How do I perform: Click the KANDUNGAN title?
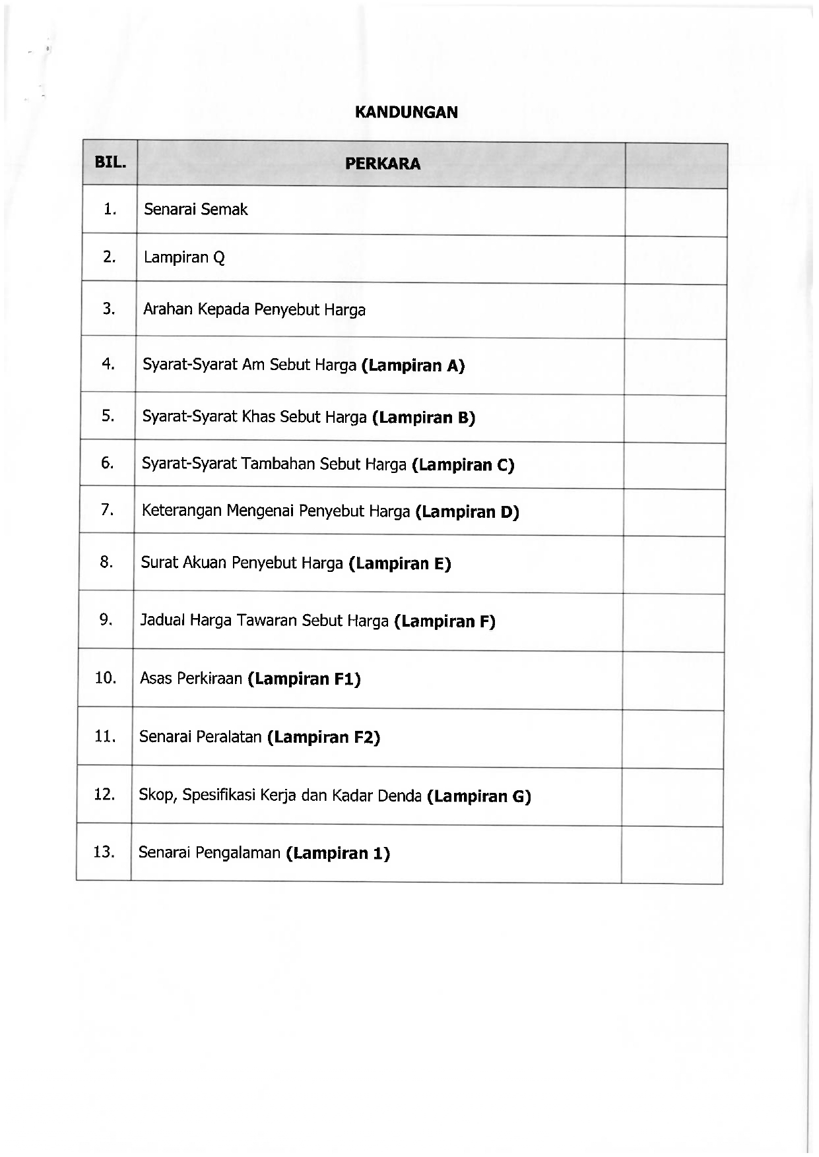(x=406, y=112)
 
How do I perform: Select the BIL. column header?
(x=110, y=162)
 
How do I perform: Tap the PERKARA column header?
(x=382, y=164)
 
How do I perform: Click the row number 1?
(x=110, y=209)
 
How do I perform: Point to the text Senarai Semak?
(x=195, y=210)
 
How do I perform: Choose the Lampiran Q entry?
(x=184, y=257)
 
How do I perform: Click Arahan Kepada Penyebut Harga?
(x=254, y=309)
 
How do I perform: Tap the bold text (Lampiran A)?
(x=413, y=365)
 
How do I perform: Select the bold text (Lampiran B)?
(x=424, y=418)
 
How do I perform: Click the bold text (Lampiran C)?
(x=463, y=465)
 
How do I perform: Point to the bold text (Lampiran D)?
(x=467, y=512)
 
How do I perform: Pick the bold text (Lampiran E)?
(x=400, y=564)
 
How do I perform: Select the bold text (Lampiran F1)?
(x=304, y=679)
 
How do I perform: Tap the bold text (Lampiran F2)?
(x=323, y=737)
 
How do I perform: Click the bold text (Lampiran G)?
(x=479, y=796)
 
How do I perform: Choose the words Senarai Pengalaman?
(x=209, y=853)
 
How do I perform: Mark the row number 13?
(x=104, y=852)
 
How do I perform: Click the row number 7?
(x=108, y=509)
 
